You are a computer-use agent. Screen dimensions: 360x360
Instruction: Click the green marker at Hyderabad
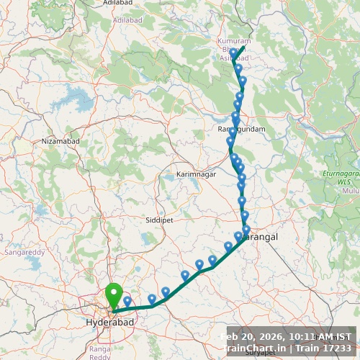[114, 295]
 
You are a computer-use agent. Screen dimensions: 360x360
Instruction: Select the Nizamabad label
[60, 141]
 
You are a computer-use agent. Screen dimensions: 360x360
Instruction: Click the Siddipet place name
[158, 217]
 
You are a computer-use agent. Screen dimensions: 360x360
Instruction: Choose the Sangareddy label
[24, 253]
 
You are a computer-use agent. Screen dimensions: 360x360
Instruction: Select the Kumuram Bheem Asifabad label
[234, 50]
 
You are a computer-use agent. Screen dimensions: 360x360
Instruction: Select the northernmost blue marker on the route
[233, 53]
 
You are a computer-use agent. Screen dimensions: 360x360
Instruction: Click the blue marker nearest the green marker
[127, 301]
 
